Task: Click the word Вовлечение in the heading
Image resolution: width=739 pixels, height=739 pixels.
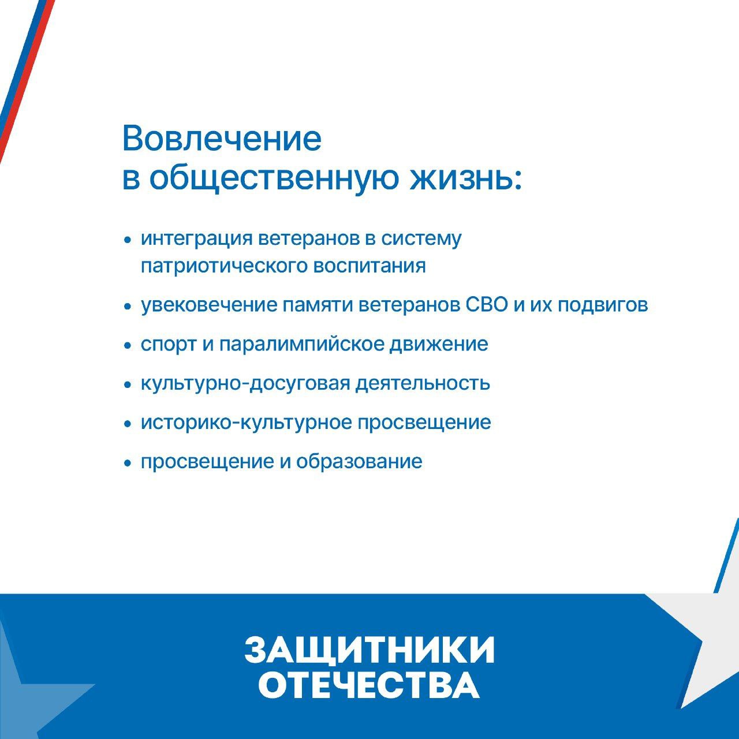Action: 222,139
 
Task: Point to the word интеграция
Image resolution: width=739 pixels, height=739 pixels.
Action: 197,239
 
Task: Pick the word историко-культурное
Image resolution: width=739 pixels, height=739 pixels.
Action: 247,423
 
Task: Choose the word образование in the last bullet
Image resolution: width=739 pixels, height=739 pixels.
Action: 359,461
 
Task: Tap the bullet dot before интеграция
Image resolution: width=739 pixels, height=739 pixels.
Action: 128,240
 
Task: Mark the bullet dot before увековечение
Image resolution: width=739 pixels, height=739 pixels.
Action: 128,307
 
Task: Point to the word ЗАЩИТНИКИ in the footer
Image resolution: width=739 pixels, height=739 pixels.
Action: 369,651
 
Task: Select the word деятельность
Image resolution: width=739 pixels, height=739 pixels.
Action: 423,383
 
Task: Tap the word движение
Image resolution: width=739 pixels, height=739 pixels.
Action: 439,344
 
